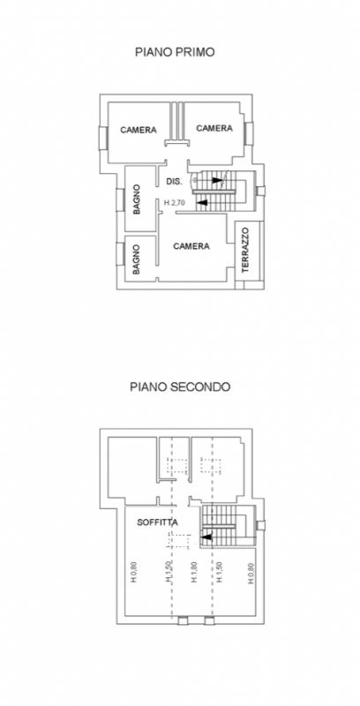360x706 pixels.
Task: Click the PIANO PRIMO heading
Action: [175, 52]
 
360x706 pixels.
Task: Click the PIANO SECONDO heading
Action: [180, 387]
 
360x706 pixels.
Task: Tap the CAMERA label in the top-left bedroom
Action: [139, 130]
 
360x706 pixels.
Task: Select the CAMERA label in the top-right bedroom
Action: [214, 128]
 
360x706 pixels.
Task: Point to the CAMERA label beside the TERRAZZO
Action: [191, 246]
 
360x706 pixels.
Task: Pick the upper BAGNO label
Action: [137, 199]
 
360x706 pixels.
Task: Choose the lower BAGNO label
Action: [137, 259]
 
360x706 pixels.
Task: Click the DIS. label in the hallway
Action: [174, 182]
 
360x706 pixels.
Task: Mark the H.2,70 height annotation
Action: [175, 203]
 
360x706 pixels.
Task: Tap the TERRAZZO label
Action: [244, 251]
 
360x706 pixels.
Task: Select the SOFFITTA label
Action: [157, 522]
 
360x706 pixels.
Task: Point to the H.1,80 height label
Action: [194, 572]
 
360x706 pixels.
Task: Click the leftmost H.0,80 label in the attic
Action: [134, 573]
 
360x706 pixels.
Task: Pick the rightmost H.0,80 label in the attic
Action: [251, 573]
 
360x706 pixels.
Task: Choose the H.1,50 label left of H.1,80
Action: [168, 572]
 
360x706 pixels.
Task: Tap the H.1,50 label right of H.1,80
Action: [220, 572]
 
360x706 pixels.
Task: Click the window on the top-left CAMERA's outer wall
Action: [103, 138]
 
